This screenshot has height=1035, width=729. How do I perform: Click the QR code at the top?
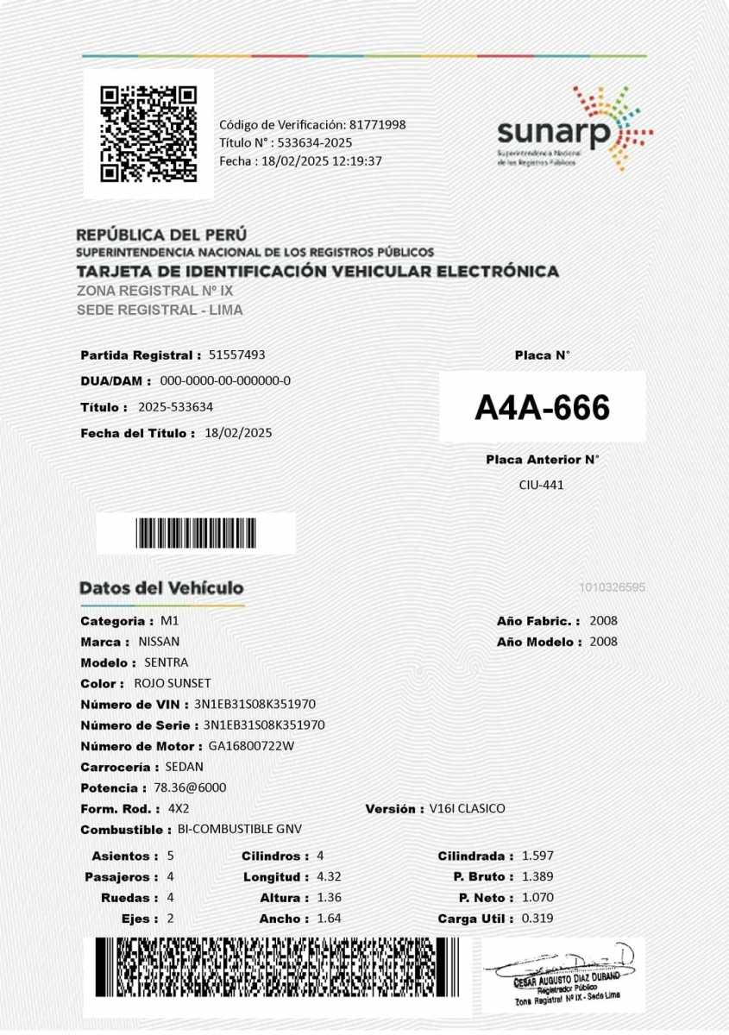pos(148,134)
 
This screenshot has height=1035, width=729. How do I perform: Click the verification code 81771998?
pos(378,124)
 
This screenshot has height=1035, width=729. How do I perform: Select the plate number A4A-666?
pos(542,407)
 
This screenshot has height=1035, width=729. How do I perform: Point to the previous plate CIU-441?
pos(541,485)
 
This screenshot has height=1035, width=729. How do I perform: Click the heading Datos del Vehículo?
pos(161,588)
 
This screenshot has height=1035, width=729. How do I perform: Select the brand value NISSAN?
pos(159,642)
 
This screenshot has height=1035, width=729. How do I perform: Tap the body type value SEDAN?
pos(184,767)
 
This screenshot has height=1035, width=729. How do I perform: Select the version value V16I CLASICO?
pos(467,809)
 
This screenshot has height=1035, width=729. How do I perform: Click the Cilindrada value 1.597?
pos(537,856)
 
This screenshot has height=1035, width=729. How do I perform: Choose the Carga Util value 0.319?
pos(537,919)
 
